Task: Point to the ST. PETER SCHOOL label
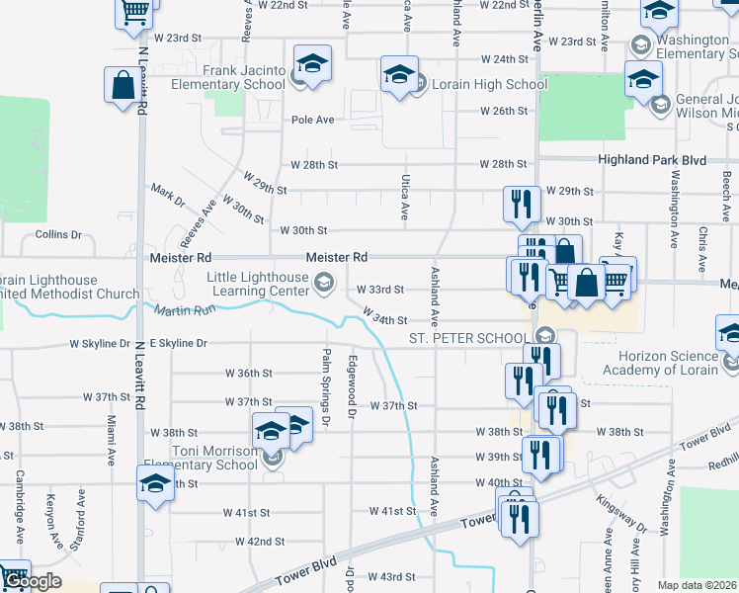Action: [469, 338]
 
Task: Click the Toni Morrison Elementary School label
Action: [201, 458]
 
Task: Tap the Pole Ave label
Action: [312, 120]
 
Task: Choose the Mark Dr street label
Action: [167, 195]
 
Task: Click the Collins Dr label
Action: [57, 234]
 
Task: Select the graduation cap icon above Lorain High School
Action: [399, 73]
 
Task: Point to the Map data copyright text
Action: [697, 585]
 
